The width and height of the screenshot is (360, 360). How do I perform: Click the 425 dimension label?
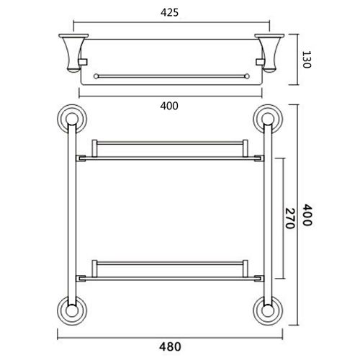pyautogui.click(x=169, y=12)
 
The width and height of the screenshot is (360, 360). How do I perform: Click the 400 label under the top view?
pyautogui.click(x=169, y=106)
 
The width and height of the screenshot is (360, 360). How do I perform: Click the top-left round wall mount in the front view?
pyautogui.click(x=71, y=119)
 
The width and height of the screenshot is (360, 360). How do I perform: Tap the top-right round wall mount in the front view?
pyautogui.click(x=266, y=119)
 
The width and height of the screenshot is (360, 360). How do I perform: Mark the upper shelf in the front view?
pyautogui.click(x=168, y=150)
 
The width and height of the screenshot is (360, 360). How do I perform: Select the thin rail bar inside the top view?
pyautogui.click(x=168, y=74)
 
